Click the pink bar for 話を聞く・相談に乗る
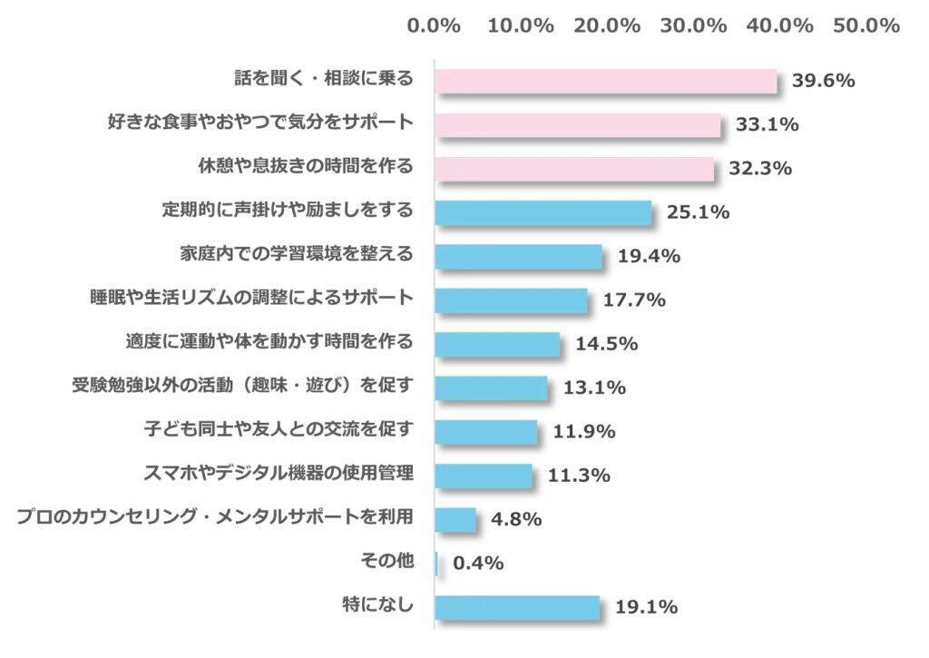click(606, 81)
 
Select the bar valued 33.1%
click(578, 124)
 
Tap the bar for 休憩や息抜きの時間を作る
click(574, 169)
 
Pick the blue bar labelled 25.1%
click(543, 212)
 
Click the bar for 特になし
click(517, 607)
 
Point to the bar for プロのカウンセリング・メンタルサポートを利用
click(455, 519)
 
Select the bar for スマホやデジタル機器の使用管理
click(484, 475)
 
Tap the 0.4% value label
click(478, 563)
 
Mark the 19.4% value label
click(649, 256)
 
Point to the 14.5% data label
click(606, 344)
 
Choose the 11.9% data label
click(584, 432)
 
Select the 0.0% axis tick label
click(435, 25)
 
